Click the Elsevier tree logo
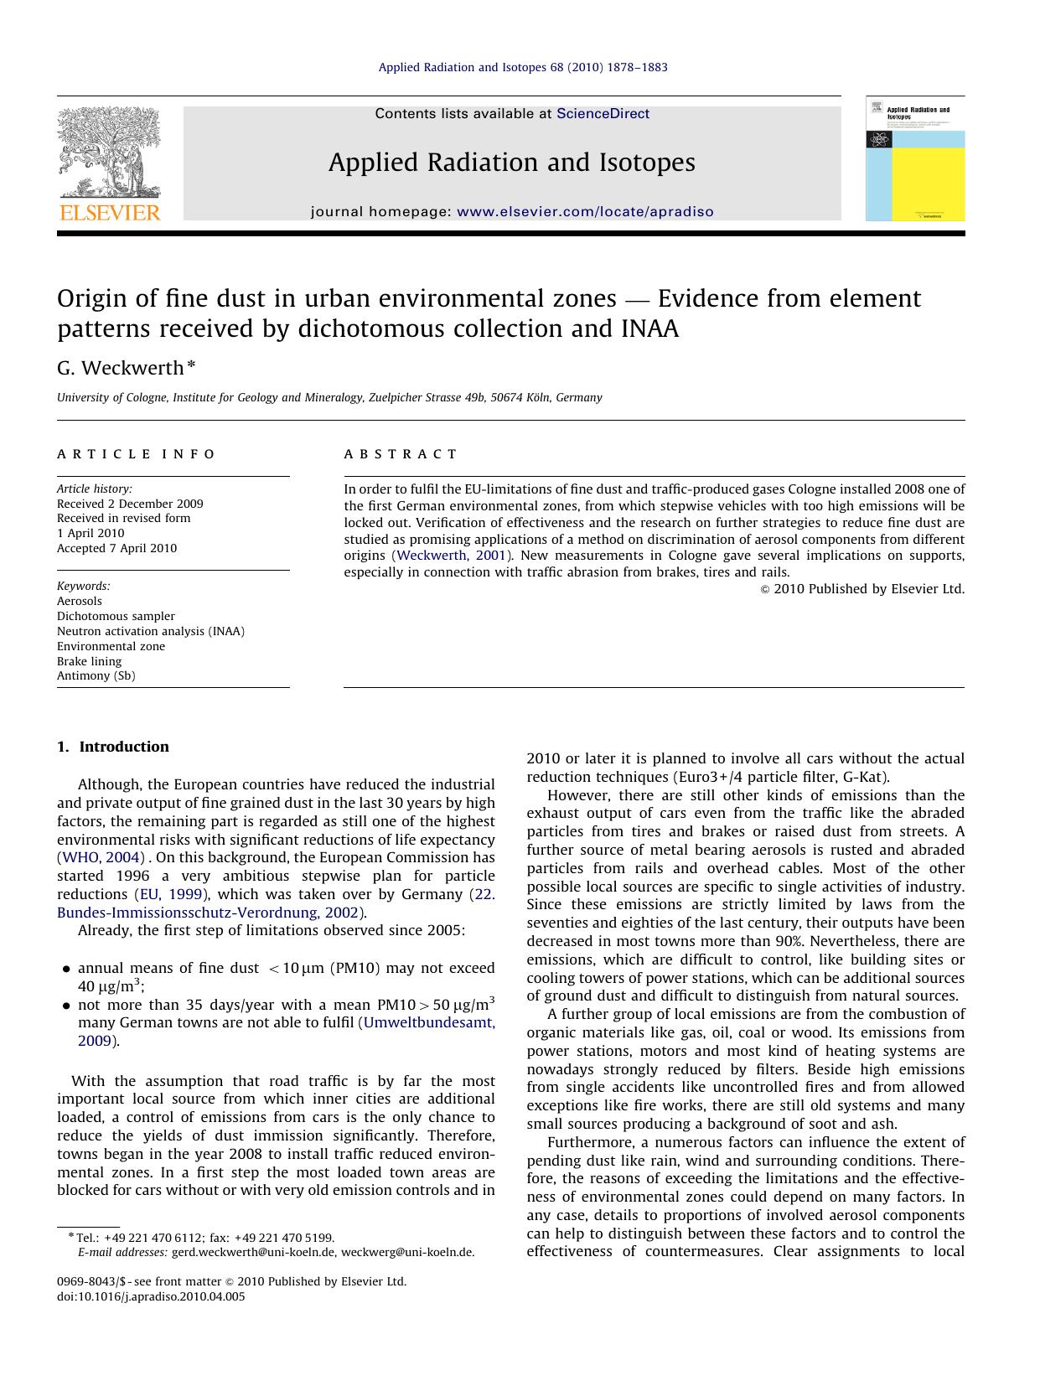108,155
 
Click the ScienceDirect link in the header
603,114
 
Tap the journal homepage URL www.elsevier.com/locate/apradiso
585,212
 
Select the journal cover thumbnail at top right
914,159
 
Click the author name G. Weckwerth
121,368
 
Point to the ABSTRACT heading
401,454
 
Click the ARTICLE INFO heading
136,454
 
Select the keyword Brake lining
89,661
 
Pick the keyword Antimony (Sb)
96,675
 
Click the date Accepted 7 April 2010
116,548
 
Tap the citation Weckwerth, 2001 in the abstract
452,556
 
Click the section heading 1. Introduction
113,747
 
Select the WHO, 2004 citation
100,857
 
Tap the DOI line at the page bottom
151,1296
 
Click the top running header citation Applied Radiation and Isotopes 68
523,67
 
